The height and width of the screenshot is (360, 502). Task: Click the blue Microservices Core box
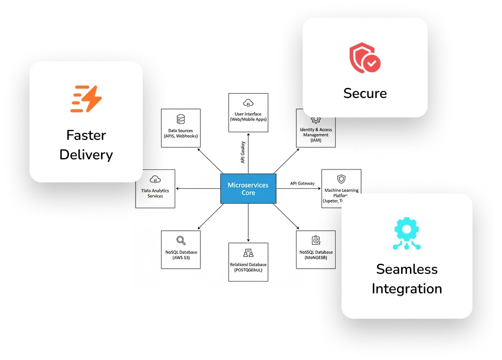(248, 189)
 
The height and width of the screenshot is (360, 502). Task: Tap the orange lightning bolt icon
(86, 99)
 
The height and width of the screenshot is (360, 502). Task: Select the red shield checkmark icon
(365, 57)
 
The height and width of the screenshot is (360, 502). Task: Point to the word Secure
(365, 93)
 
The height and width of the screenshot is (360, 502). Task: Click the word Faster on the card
(86, 135)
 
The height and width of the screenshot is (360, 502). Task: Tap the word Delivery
(86, 155)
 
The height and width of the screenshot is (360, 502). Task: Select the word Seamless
(406, 269)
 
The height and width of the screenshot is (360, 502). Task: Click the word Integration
(406, 289)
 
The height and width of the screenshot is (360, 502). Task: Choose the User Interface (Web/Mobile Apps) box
(248, 113)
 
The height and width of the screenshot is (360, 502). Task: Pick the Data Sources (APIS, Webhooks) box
(181, 128)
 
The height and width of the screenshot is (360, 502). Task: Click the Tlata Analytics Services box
(155, 188)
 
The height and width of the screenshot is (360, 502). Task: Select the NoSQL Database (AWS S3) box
(181, 250)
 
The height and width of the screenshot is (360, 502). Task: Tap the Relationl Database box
(248, 261)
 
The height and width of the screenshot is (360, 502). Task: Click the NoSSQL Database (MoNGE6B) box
(316, 250)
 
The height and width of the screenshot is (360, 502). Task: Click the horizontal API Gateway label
(302, 184)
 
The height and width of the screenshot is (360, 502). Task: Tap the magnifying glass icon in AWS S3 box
(181, 240)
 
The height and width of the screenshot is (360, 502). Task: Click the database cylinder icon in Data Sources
(181, 119)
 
